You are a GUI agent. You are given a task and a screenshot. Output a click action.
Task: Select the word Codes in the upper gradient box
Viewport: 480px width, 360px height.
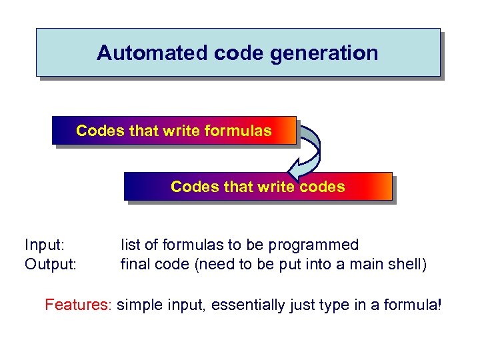[100, 131]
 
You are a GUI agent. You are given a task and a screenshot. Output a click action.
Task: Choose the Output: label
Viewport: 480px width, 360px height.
[51, 265]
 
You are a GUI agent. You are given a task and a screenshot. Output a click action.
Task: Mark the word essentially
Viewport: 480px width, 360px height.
[255, 305]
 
